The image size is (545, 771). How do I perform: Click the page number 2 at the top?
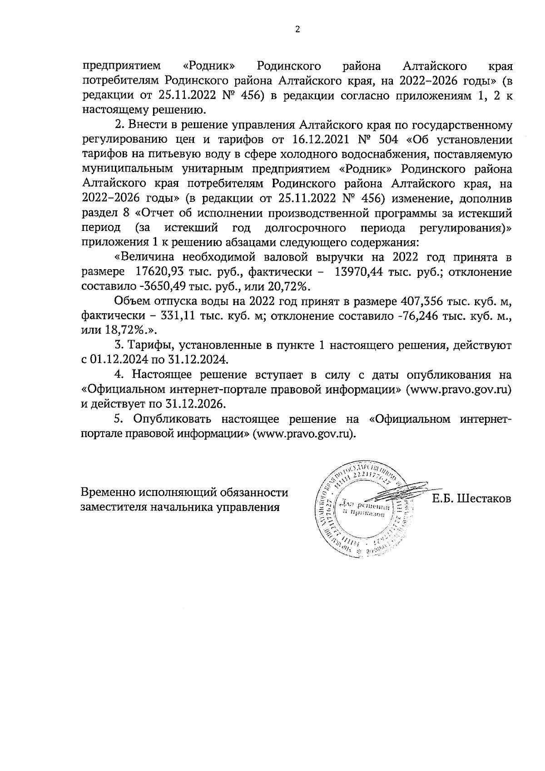[297, 30]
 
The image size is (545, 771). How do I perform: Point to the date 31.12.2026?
[198, 404]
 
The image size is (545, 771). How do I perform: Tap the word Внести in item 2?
[147, 125]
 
